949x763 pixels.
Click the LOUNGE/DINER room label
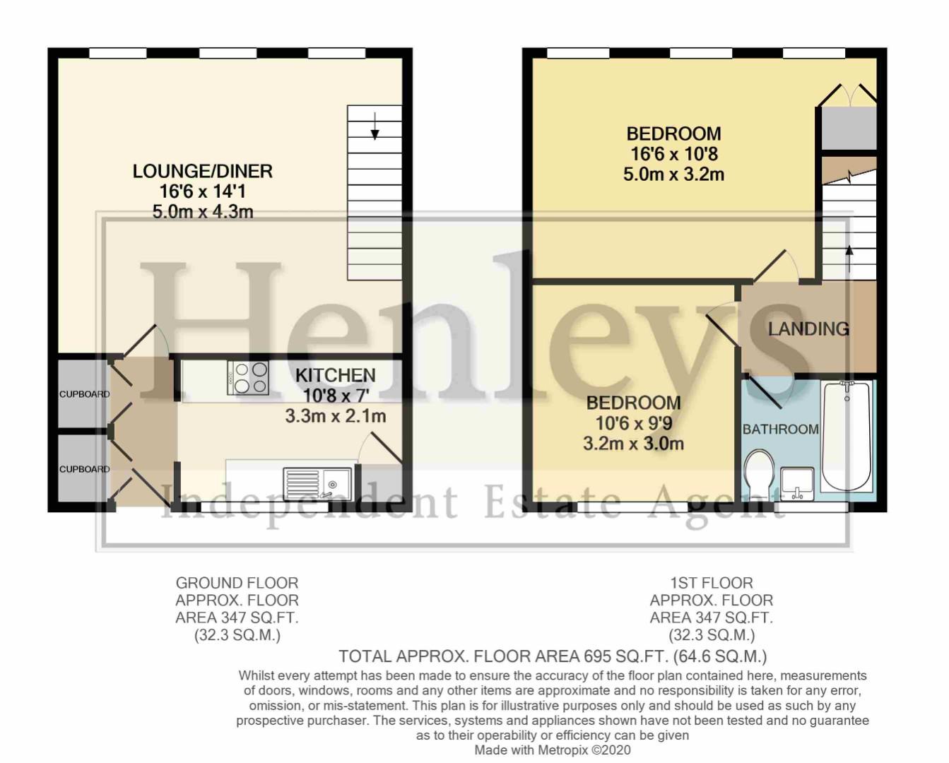tap(202, 171)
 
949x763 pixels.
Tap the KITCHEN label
tap(335, 375)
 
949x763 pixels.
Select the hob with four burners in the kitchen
tap(248, 377)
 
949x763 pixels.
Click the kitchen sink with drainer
tap(317, 483)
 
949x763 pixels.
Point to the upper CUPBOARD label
tap(84, 394)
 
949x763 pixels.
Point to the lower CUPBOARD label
tap(84, 469)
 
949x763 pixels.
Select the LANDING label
tap(808, 329)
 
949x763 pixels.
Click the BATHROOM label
tap(780, 429)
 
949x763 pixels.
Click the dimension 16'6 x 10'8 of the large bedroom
tap(673, 154)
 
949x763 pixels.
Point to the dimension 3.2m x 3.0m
tap(633, 444)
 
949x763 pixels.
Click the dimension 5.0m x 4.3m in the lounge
tap(202, 211)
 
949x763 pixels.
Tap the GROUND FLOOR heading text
tap(237, 583)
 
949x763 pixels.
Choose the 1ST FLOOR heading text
tap(712, 583)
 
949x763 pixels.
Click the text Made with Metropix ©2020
tap(552, 750)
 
